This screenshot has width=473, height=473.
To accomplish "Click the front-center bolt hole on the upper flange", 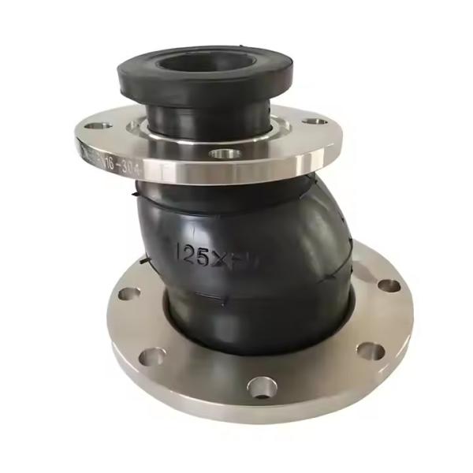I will [225, 152].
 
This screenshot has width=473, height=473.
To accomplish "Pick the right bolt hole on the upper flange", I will [315, 122].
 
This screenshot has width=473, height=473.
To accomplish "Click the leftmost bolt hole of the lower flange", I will [129, 294].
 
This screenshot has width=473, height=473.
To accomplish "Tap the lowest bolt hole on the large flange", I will [261, 387].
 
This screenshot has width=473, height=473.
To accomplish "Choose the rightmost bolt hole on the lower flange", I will [389, 285].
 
